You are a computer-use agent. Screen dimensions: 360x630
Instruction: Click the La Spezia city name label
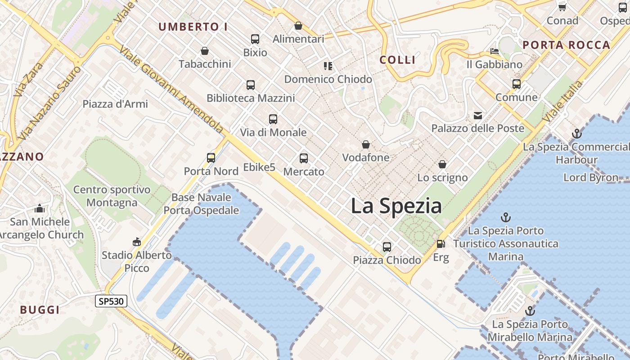coord(396,206)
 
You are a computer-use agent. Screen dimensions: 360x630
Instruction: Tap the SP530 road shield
coord(111,301)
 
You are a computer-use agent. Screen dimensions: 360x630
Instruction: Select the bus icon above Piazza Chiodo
coord(387,247)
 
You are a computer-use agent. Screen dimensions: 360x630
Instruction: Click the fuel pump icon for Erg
coord(441,244)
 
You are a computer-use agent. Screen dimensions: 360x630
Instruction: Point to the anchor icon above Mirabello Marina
coord(530,311)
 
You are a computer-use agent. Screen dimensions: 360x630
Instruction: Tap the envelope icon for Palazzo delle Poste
coord(478,116)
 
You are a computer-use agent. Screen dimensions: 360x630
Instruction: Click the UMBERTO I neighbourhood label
coord(193,27)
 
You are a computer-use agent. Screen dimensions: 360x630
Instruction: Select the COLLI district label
coord(397,60)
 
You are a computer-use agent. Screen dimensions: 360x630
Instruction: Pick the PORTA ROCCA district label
coord(567,45)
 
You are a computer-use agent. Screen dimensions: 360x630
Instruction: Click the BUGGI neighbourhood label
coord(40,310)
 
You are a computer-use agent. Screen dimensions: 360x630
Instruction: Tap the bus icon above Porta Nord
coord(211,158)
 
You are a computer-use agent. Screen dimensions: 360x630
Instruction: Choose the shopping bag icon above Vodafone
coord(366,144)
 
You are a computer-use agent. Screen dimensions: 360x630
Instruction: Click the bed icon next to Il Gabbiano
coord(494,51)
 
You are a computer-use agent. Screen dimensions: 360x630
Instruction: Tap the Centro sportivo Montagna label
coord(112,196)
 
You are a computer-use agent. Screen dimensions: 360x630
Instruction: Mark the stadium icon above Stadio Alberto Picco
coord(137,242)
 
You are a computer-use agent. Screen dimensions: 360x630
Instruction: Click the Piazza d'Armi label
coord(115,104)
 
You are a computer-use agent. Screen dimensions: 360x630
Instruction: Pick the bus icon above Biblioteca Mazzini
coord(251,85)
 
